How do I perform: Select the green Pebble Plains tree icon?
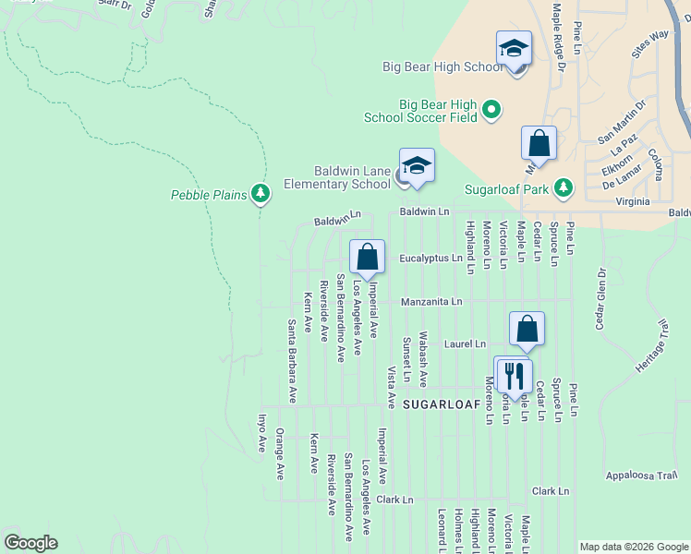[x=261, y=194]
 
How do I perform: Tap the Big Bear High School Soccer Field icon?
[x=491, y=111]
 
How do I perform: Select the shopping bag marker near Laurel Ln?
[x=527, y=330]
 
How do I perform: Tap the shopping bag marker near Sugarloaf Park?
[x=539, y=144]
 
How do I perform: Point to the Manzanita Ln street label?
[x=430, y=302]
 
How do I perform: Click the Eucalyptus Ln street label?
[x=430, y=259]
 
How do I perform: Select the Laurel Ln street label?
[x=464, y=343]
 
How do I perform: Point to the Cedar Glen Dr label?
[x=600, y=298]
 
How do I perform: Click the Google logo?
[x=30, y=543]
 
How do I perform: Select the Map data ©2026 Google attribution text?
[x=633, y=547]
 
